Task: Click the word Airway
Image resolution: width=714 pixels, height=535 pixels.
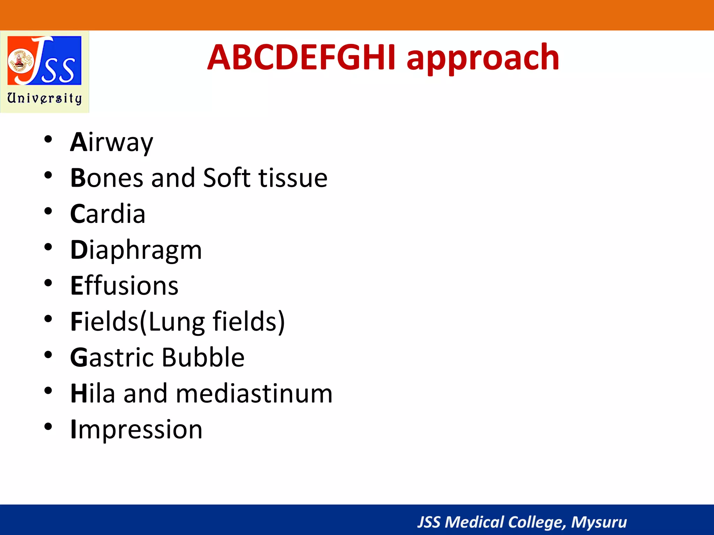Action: click(112, 142)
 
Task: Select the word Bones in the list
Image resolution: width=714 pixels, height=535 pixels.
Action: click(107, 178)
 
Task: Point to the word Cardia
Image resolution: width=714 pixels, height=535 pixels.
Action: click(108, 214)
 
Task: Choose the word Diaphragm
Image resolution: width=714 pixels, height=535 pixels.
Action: click(136, 250)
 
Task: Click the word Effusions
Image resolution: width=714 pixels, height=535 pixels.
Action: click(124, 286)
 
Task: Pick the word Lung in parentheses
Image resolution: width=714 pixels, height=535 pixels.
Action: click(176, 322)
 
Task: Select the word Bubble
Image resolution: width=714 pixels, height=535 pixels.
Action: click(203, 358)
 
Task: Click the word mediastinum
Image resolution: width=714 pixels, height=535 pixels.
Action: click(254, 394)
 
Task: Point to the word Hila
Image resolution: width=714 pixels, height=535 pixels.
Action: click(93, 394)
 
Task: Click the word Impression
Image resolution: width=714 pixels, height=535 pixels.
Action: click(136, 429)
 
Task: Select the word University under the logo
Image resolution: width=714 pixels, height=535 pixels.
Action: click(45, 98)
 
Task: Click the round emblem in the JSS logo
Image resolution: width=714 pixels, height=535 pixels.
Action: click(20, 61)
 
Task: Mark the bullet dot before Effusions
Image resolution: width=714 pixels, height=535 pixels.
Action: click(48, 283)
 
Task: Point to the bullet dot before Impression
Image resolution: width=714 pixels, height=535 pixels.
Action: click(48, 427)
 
